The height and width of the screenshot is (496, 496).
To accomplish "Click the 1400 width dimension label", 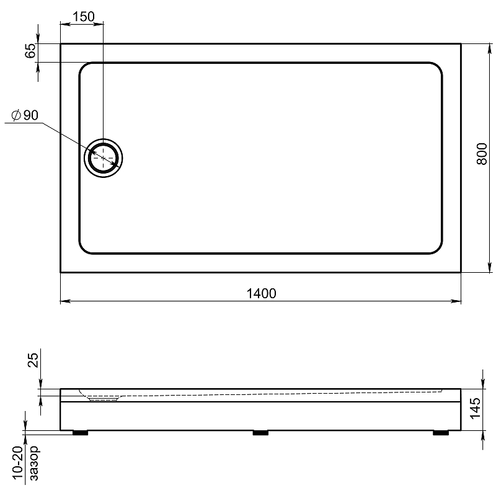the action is tap(261, 293).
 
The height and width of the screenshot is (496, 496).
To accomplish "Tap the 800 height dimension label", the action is tap(482, 154).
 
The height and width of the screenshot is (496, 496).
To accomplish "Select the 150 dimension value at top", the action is tap(84, 17).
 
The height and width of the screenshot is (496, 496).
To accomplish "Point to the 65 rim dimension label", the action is tap(30, 51).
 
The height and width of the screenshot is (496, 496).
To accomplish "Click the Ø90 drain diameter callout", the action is tap(25, 115).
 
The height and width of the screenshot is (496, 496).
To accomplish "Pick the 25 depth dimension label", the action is tap(33, 360).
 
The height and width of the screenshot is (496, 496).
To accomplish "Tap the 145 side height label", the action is tap(475, 409).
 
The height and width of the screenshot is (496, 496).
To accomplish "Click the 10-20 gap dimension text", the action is tap(18, 463).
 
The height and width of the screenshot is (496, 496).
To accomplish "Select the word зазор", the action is tap(34, 463).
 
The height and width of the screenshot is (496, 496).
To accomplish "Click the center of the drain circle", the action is tap(104, 158).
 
